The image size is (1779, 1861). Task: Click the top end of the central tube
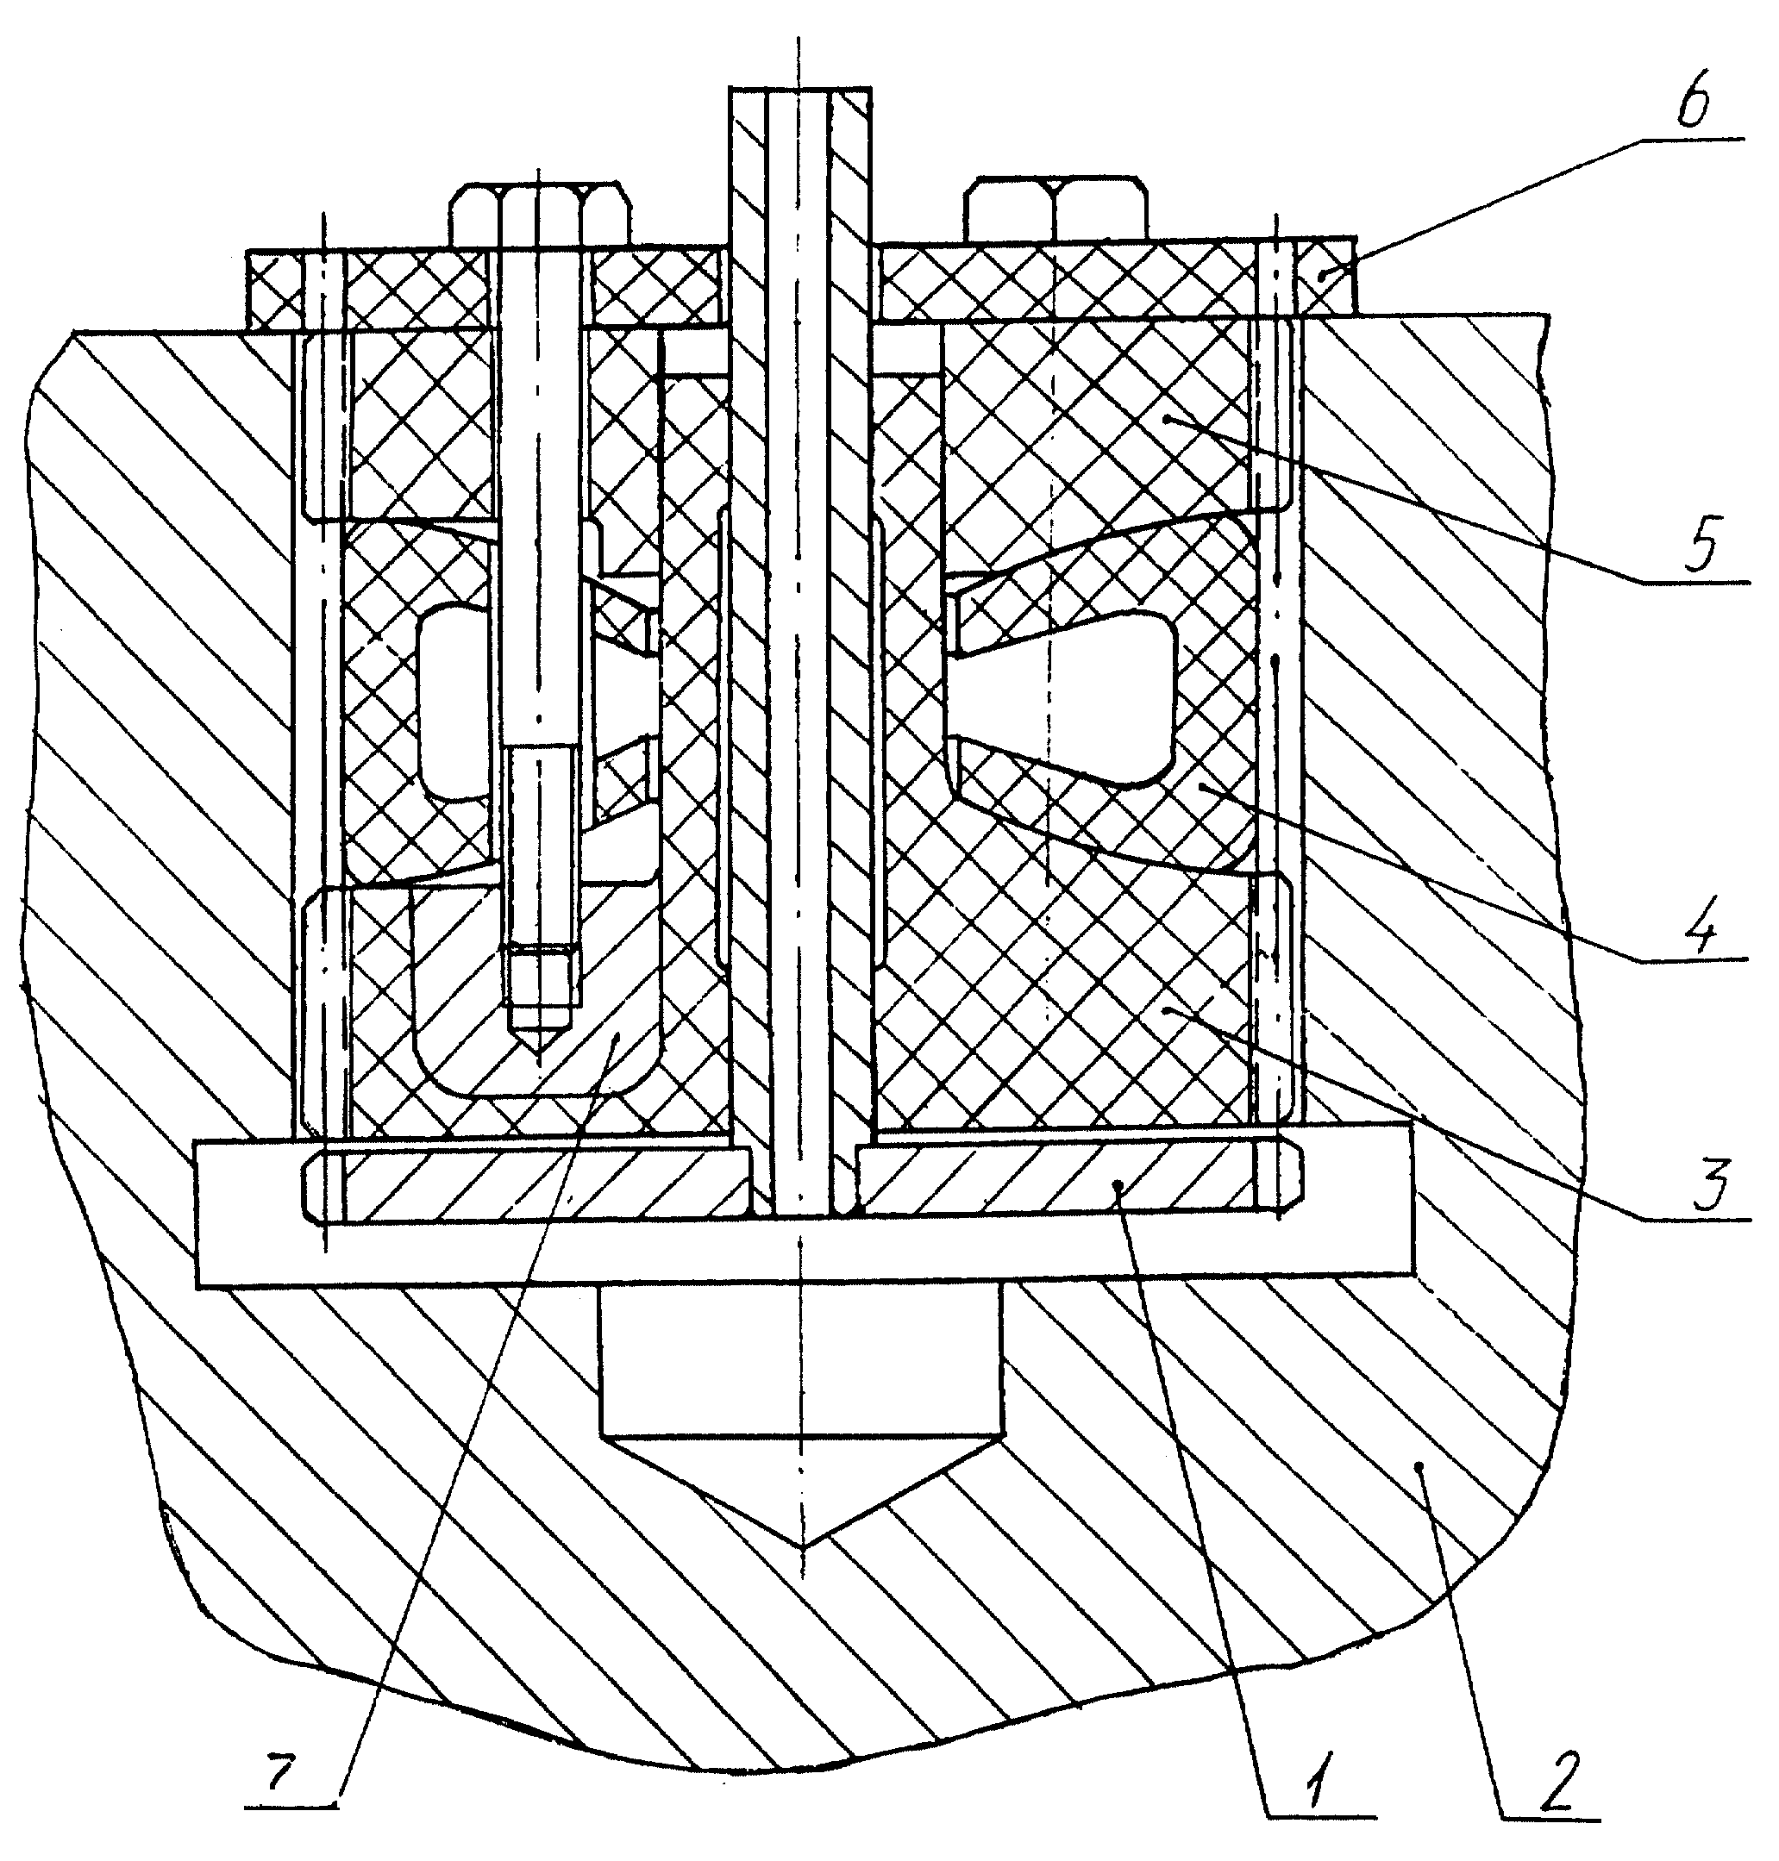800,87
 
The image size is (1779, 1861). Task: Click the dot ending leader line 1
1120,1186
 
